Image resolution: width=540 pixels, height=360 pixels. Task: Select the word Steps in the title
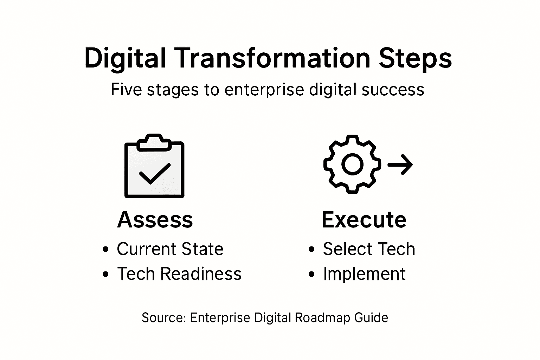click(415, 59)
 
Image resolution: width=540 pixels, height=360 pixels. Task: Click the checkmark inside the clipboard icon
click(155, 173)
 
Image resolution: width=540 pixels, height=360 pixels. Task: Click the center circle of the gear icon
click(352, 164)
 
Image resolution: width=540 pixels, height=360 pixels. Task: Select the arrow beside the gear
click(400, 164)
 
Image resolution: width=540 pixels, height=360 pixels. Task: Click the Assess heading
click(155, 220)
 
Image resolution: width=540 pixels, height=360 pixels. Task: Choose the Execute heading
click(364, 220)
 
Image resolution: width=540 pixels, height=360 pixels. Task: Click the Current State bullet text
click(170, 249)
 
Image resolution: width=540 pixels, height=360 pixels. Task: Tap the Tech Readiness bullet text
click(179, 274)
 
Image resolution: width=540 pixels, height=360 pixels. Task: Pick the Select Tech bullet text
click(369, 249)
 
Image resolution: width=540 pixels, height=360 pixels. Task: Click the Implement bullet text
click(364, 274)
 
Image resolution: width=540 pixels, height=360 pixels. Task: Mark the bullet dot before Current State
click(105, 250)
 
